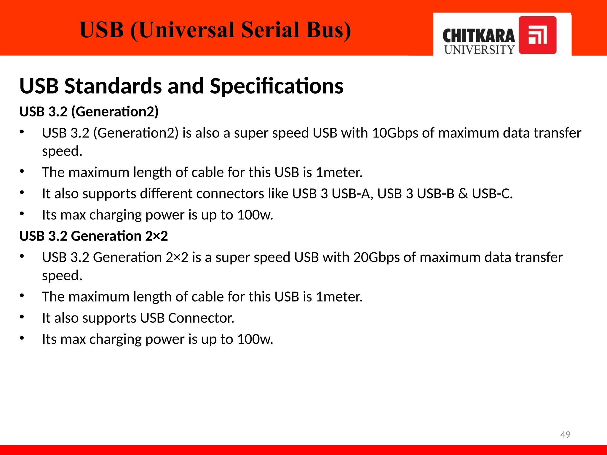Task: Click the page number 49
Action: (565, 435)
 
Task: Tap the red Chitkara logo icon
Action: (537, 35)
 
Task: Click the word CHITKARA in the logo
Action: (479, 36)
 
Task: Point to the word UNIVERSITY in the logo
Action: (479, 50)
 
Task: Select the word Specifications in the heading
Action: (277, 86)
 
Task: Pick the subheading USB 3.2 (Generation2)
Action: (89, 112)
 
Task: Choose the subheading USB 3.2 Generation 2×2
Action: (94, 236)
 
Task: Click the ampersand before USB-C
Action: (463, 194)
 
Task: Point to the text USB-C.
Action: (492, 194)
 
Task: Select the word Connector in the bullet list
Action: (201, 318)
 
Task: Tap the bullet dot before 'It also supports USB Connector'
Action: (22, 317)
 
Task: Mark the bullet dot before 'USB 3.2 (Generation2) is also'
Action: (22, 132)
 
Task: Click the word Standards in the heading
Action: (113, 86)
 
